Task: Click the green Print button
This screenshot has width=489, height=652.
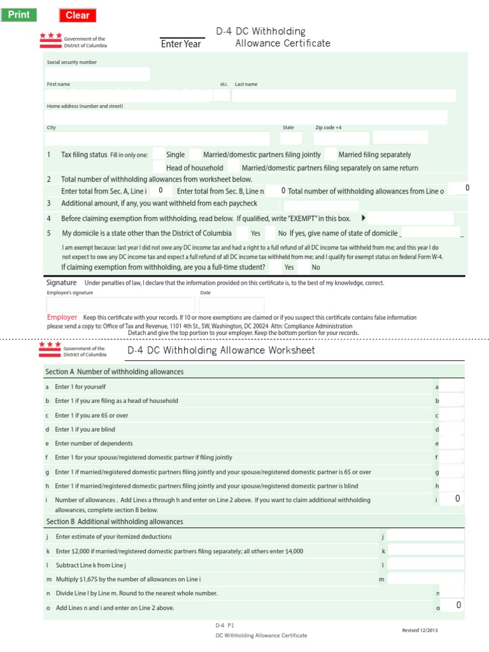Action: click(18, 15)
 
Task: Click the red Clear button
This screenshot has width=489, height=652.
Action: click(78, 15)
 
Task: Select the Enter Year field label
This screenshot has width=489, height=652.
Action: click(181, 44)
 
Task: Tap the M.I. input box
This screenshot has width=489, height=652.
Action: click(221, 96)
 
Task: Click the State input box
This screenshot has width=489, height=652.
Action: click(291, 138)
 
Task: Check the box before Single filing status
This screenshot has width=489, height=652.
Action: click(158, 154)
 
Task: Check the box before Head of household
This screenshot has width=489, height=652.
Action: click(158, 167)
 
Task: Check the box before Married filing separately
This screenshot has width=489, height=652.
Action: click(330, 154)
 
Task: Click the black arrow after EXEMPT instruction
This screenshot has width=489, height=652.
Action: click(364, 218)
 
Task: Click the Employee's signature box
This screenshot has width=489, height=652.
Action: click(120, 305)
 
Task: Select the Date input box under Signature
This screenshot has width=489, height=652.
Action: click(222, 305)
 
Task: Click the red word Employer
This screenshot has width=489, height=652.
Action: click(62, 317)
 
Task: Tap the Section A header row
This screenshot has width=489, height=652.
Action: click(255, 372)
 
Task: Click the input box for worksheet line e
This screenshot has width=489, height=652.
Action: click(452, 443)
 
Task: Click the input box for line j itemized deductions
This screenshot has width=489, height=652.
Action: click(425, 536)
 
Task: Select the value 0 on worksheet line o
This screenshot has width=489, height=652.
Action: click(457, 605)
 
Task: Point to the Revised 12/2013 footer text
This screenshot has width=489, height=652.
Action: click(420, 630)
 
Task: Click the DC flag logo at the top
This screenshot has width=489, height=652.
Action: click(51, 41)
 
